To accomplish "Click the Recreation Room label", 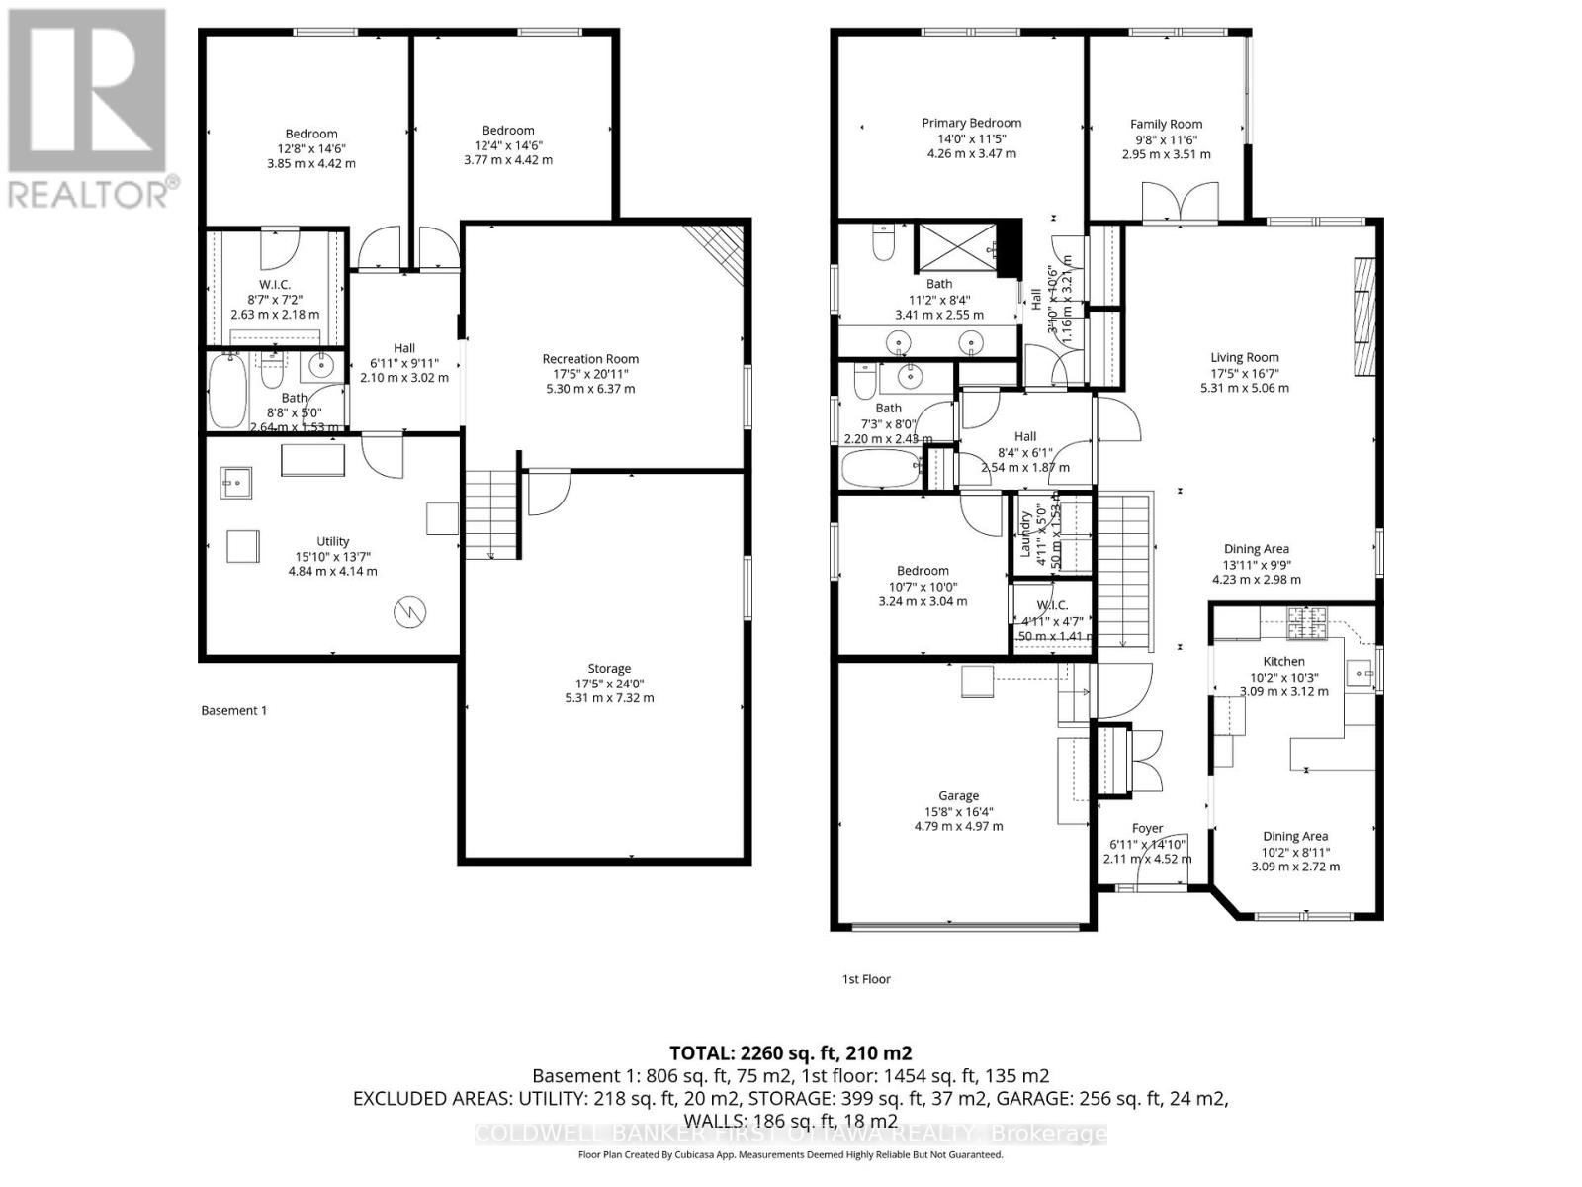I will click(590, 359).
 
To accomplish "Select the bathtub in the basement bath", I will click(226, 391).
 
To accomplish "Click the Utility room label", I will click(332, 541).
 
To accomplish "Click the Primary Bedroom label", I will click(971, 123).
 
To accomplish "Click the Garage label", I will click(958, 795).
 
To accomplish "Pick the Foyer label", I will click(1147, 828).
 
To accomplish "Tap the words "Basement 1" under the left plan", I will click(233, 710).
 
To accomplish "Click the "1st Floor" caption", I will click(866, 979).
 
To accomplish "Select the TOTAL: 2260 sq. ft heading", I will click(790, 1052).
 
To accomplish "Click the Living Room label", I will click(1244, 357).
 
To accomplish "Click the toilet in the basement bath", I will click(271, 372).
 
